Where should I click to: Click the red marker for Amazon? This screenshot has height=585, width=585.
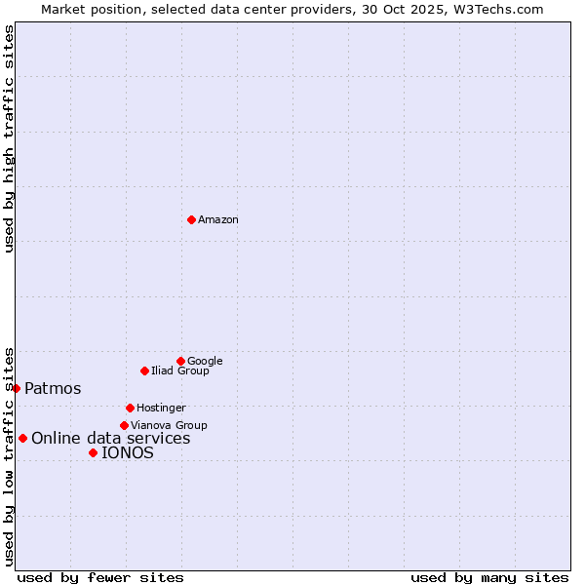click(x=191, y=219)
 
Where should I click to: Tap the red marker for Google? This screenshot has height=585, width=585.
click(x=180, y=361)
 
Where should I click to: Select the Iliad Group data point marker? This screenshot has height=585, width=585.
click(x=144, y=370)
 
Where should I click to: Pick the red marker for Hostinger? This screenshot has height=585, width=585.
click(x=130, y=408)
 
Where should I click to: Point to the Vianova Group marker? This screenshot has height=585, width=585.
click(x=124, y=425)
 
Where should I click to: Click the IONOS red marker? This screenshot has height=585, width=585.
click(x=93, y=452)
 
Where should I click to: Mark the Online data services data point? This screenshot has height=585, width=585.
click(x=22, y=438)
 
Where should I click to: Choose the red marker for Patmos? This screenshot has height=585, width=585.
click(x=16, y=388)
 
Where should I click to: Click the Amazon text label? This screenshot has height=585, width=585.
click(x=218, y=220)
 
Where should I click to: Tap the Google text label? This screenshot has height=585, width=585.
click(x=205, y=362)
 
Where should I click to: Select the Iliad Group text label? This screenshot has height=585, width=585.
click(x=180, y=371)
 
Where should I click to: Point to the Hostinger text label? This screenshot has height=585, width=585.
click(x=161, y=409)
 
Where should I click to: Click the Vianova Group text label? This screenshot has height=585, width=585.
click(x=169, y=426)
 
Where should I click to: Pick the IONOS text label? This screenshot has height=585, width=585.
click(x=128, y=453)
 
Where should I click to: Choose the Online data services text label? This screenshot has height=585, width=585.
click(x=111, y=439)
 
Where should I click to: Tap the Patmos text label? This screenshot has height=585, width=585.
click(x=53, y=389)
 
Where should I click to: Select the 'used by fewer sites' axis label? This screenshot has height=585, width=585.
click(x=100, y=577)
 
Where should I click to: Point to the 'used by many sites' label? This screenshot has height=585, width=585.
click(x=489, y=577)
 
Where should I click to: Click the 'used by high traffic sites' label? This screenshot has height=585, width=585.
click(x=9, y=138)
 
